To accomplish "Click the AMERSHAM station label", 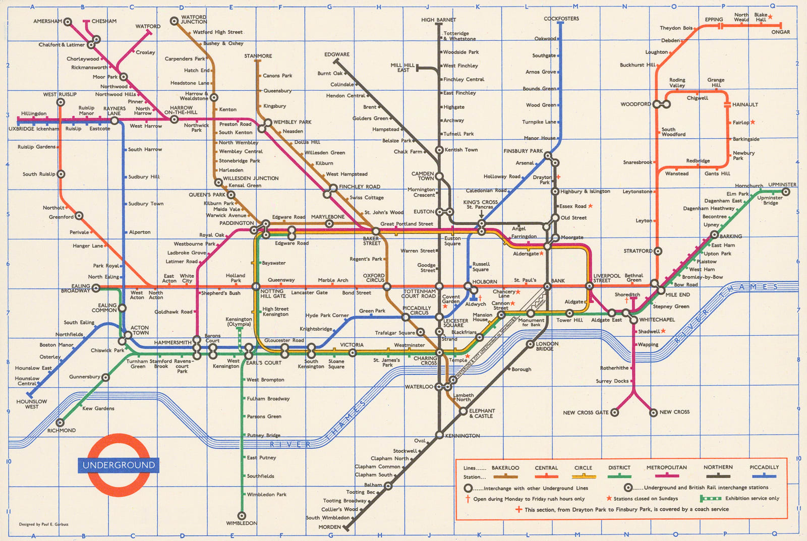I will coord(47,22).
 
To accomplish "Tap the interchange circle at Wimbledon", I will coord(242,516).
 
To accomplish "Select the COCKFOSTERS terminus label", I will coord(561,19).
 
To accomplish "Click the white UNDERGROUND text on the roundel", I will coord(119,465).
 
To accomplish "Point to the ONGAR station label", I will coord(780,32).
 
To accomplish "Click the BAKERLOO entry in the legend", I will coord(505,468).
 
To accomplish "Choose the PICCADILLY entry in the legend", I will coord(764,467).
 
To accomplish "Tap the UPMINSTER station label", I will coord(782,185).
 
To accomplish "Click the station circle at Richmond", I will coord(60,423).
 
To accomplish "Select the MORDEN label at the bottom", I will coord(329,527).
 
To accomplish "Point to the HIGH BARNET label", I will coord(438,20).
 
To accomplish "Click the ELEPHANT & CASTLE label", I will coord(482,413).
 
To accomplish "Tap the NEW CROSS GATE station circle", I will coord(614,412).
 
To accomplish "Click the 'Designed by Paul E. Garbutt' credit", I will coord(43,524).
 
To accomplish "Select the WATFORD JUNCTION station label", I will coord(194,20).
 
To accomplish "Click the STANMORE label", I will coord(258,56).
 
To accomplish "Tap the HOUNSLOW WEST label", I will coord(31,404).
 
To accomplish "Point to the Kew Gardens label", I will coord(98,408).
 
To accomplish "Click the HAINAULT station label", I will coord(745,105).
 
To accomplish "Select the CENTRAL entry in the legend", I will coord(546,468).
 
